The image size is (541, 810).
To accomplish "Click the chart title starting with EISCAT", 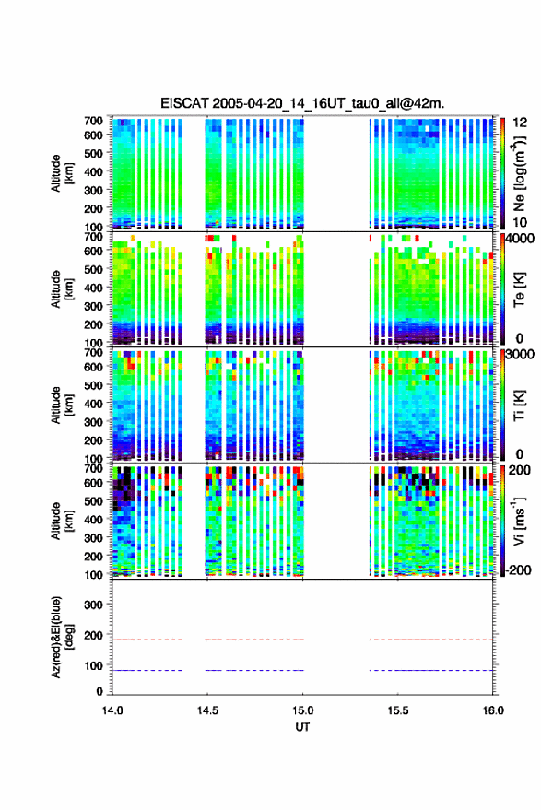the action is tap(302, 103).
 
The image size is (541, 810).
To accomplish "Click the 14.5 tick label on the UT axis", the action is tap(207, 710).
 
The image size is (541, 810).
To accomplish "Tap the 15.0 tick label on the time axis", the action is tap(303, 710).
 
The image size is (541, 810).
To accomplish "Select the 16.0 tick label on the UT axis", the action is tap(493, 710).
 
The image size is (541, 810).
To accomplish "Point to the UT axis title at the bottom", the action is tap(302, 727).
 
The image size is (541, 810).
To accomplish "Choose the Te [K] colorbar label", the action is tap(519, 289).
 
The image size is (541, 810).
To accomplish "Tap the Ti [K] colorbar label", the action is tap(519, 405).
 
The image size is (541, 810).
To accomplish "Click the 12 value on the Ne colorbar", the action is tap(521, 123).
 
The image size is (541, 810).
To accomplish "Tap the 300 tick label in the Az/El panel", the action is tap(93, 605).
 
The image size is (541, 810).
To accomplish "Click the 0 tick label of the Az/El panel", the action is tap(100, 691).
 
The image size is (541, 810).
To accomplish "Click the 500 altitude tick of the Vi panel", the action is tap(93, 501).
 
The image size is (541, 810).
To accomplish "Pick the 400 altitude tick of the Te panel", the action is tap(93, 288).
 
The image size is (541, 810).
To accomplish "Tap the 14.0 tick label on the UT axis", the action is tap(112, 710).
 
